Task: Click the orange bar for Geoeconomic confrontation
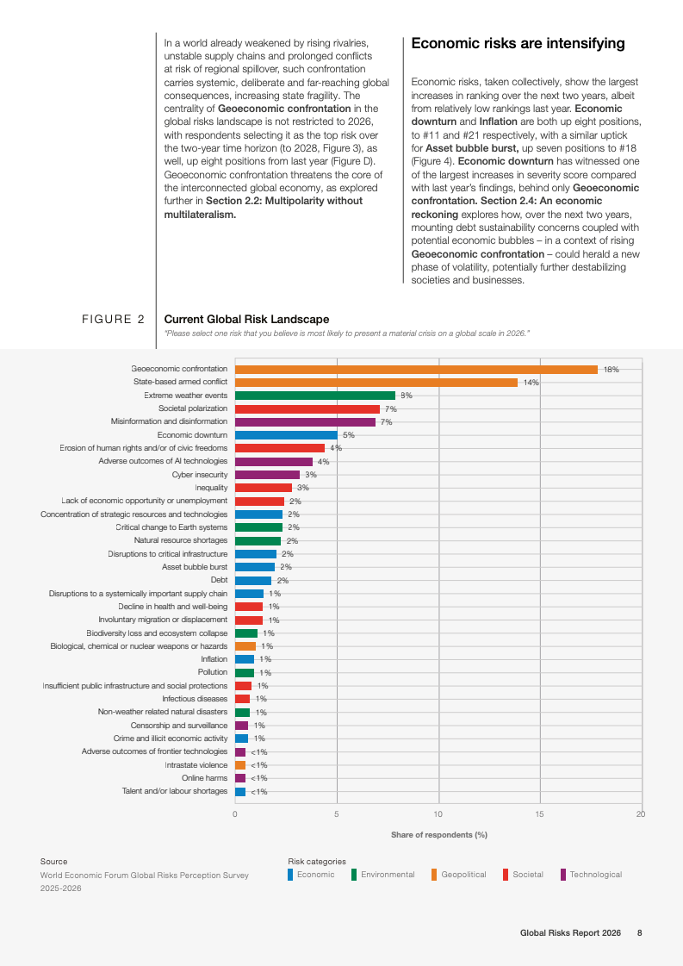click(416, 370)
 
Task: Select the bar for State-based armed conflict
click(376, 383)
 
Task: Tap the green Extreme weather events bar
click(315, 396)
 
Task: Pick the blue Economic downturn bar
click(286, 435)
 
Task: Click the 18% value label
click(611, 370)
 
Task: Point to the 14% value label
click(531, 383)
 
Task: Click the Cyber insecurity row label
click(200, 475)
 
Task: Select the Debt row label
click(219, 580)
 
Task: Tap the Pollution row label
click(213, 672)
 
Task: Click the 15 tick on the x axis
click(540, 813)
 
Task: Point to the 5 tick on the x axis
click(337, 813)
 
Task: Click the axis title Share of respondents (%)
click(439, 835)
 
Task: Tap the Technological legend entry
click(594, 875)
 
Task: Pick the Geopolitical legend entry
click(463, 875)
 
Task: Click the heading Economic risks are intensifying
click(518, 43)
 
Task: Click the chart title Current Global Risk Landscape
click(246, 320)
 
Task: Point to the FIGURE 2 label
click(113, 320)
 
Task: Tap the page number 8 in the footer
click(639, 933)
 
